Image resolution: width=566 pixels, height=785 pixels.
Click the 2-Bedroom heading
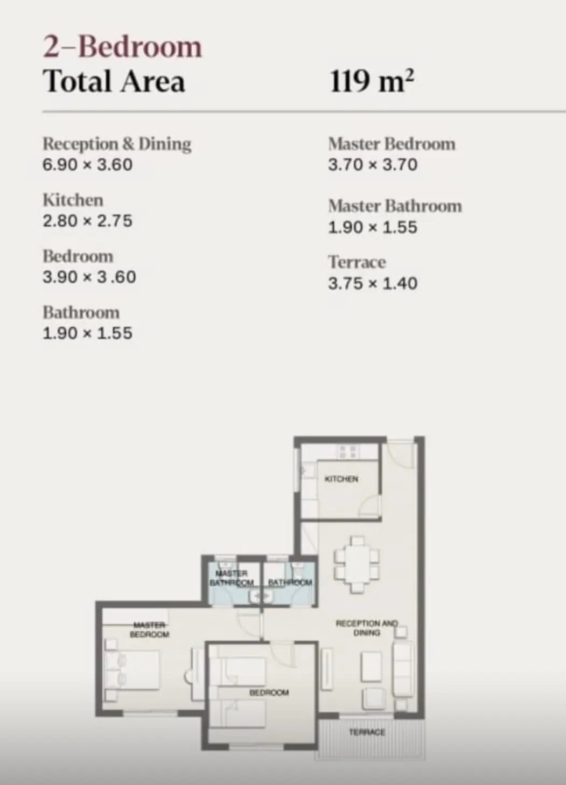point(122,47)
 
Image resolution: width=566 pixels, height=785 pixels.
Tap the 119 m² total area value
point(372,81)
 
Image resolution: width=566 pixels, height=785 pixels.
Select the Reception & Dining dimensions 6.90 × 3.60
point(88,165)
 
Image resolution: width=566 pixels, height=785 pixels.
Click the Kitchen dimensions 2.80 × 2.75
point(88,221)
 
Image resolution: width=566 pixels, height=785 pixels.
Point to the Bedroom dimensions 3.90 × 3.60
point(89,277)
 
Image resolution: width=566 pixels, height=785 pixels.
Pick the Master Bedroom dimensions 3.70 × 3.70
point(373,165)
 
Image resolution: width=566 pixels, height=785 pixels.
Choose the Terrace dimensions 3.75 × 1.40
point(373,284)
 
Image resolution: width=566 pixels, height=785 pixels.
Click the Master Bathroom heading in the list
point(395,206)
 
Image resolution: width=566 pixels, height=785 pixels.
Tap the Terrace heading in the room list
point(357,262)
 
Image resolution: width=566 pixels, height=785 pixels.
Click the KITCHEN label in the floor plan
point(341,479)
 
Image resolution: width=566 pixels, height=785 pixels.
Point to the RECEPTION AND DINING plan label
point(367,628)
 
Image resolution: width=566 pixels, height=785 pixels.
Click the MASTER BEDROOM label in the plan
point(149,630)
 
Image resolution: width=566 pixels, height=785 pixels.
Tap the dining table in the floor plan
point(357,565)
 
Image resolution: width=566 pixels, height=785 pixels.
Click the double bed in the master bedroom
point(132,670)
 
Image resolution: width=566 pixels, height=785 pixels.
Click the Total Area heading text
point(114,81)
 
